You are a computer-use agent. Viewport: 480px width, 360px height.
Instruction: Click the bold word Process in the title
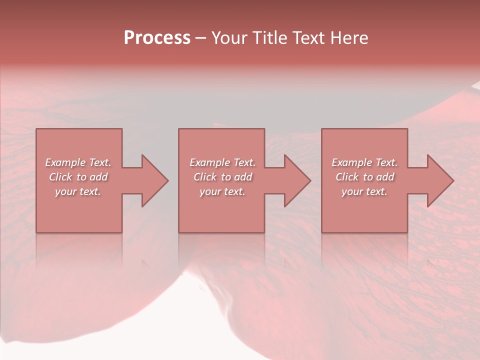point(157,38)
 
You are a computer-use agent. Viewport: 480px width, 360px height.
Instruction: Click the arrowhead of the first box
point(154,180)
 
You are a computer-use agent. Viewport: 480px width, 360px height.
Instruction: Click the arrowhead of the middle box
point(296,180)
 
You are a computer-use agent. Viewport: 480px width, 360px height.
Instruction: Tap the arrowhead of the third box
point(439,180)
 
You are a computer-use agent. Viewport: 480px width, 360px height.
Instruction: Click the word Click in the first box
point(60,177)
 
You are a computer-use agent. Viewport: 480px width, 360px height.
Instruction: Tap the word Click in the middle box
point(205,177)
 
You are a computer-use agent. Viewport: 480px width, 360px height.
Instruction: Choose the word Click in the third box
point(347,177)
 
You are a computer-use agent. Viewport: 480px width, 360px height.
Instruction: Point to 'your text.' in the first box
point(78,191)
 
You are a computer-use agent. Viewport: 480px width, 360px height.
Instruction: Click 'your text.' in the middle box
point(222,191)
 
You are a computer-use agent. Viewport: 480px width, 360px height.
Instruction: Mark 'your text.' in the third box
point(364,191)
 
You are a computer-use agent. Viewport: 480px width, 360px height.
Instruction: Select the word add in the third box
point(385,177)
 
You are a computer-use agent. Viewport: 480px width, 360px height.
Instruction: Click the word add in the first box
point(98,177)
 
